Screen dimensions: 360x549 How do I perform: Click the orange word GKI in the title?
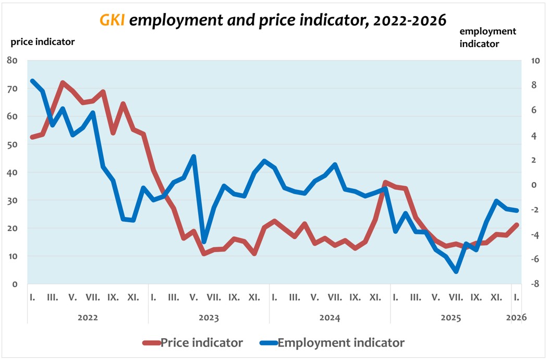pyautogui.click(x=112, y=20)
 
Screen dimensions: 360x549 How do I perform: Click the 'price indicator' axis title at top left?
pyautogui.click(x=43, y=42)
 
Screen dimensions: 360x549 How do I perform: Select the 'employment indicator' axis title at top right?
pyautogui.click(x=487, y=38)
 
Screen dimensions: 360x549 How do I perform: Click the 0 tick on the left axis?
pyautogui.click(x=15, y=284)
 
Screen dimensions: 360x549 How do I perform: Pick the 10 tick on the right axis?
pyautogui.click(x=534, y=61)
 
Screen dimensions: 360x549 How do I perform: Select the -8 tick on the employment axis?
pyautogui.click(x=534, y=284)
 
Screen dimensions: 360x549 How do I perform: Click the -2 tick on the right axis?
pyautogui.click(x=534, y=210)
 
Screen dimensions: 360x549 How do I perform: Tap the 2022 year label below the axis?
pyautogui.click(x=88, y=317)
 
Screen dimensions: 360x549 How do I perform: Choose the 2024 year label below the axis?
pyautogui.click(x=330, y=317)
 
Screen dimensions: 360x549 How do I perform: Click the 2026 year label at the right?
pyautogui.click(x=516, y=317)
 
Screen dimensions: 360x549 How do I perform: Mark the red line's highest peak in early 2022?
pyautogui.click(x=63, y=83)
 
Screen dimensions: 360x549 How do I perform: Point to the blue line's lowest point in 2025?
pyautogui.click(x=456, y=271)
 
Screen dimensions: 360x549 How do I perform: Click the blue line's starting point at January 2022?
pyautogui.click(x=32, y=81)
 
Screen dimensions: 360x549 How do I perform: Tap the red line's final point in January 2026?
pyautogui.click(x=517, y=225)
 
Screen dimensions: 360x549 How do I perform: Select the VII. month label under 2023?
pyautogui.click(x=214, y=297)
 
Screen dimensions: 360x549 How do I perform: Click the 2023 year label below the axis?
pyautogui.click(x=209, y=317)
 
